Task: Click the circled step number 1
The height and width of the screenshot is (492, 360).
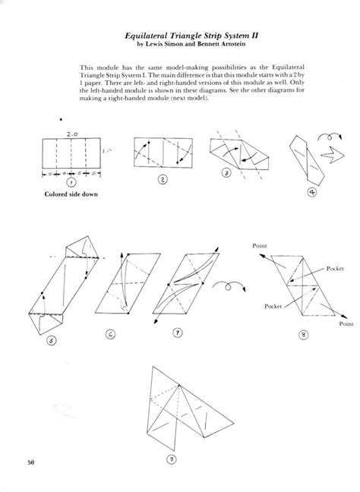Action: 70,182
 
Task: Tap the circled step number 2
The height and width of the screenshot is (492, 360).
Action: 161,179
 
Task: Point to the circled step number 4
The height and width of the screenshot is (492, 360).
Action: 311,192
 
